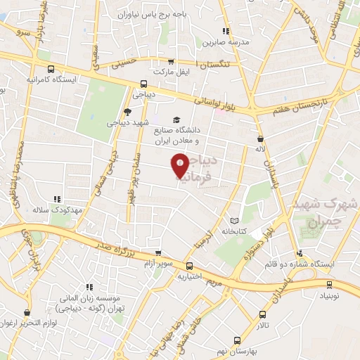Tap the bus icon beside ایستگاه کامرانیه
tap(50, 69)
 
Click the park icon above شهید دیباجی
tap(127, 111)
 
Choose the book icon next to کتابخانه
tap(243, 220)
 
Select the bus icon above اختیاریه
tap(190, 265)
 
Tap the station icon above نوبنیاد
tap(328, 285)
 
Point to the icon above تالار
tap(262, 314)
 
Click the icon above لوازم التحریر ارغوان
tap(27, 311)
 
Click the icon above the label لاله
tap(260, 139)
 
